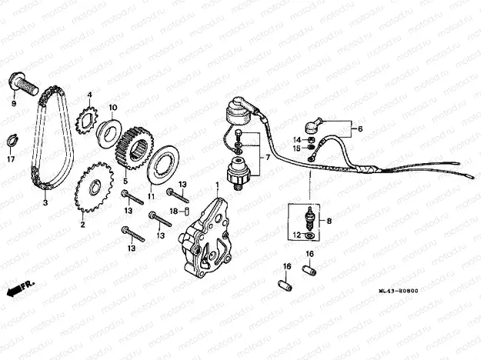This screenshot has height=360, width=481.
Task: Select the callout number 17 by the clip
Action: tap(10, 159)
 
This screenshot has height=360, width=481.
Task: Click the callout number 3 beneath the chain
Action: tap(45, 203)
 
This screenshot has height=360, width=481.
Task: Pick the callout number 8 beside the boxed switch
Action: tap(329, 221)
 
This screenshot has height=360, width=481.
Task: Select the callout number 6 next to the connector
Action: tap(359, 128)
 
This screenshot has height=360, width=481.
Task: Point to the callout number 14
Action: tap(295, 139)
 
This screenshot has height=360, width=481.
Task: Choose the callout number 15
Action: tap(295, 148)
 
